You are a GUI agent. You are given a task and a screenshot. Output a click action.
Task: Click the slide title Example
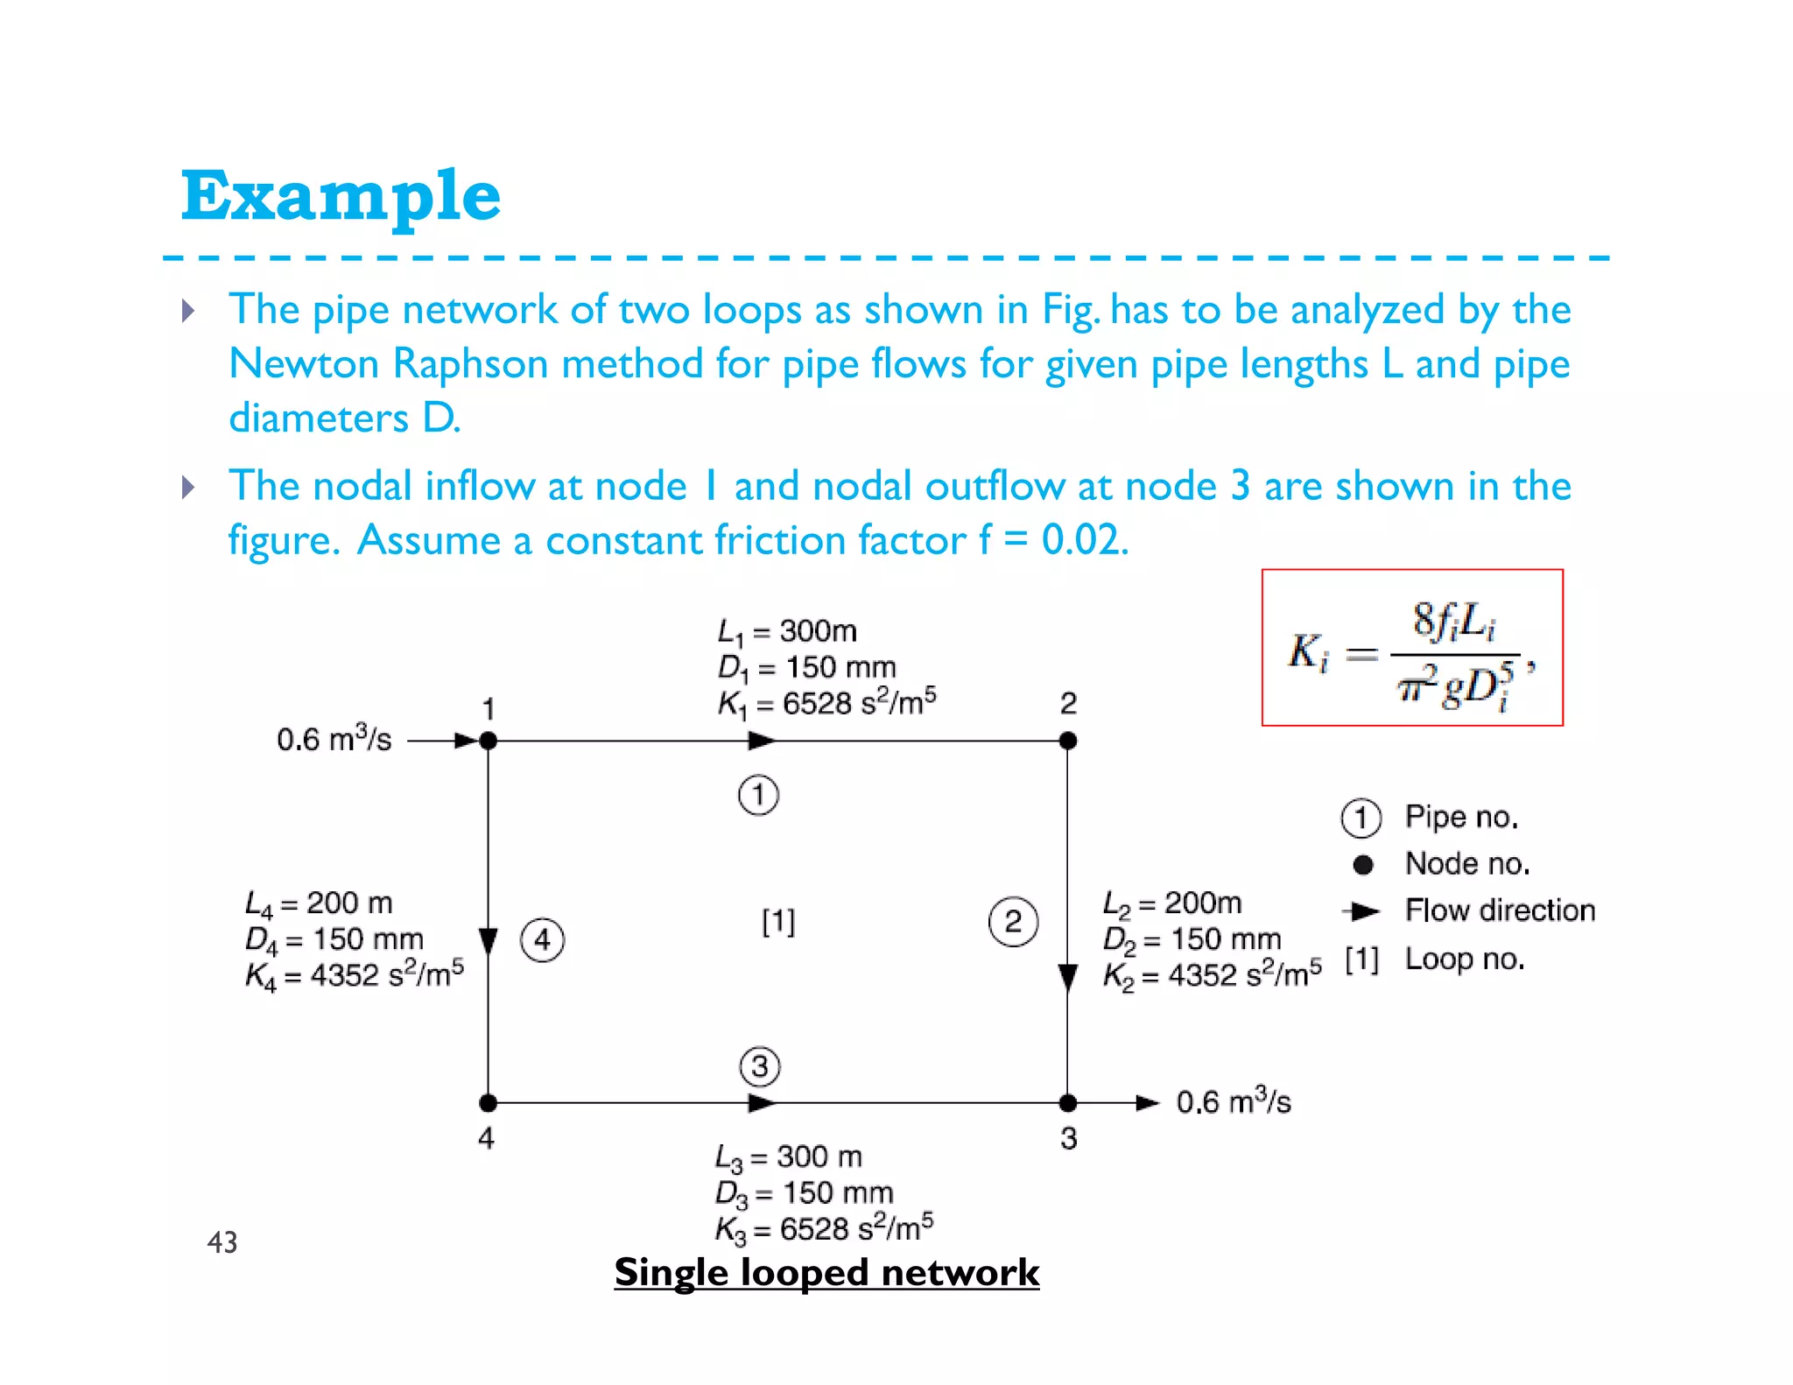pyautogui.click(x=341, y=196)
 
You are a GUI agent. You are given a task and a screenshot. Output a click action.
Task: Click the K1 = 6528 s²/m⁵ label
pyautogui.click(x=826, y=702)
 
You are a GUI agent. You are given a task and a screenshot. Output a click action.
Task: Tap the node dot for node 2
pyautogui.click(x=1067, y=741)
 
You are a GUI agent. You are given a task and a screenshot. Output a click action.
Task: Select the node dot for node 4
pyautogui.click(x=489, y=1102)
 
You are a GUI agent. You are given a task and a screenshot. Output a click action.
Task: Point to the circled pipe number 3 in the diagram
pyautogui.click(x=759, y=1066)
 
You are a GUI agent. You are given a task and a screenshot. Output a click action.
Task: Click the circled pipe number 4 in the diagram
pyautogui.click(x=542, y=940)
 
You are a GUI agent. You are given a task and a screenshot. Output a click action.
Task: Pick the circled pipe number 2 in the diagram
pyautogui.click(x=1013, y=921)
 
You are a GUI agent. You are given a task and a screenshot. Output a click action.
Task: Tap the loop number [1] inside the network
pyautogui.click(x=778, y=921)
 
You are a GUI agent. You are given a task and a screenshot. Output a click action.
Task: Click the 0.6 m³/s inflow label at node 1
pyautogui.click(x=334, y=740)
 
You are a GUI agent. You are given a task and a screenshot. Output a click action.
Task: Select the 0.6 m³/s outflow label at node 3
pyautogui.click(x=1233, y=1101)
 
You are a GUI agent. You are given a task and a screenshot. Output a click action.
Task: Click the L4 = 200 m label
pyautogui.click(x=319, y=903)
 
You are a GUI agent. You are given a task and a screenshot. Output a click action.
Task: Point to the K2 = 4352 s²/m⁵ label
pyautogui.click(x=1212, y=974)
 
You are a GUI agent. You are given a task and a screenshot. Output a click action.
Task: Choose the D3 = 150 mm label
pyautogui.click(x=804, y=1192)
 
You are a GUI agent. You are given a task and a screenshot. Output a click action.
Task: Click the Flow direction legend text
pyautogui.click(x=1500, y=910)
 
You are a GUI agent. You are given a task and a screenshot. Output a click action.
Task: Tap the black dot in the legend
pyautogui.click(x=1362, y=865)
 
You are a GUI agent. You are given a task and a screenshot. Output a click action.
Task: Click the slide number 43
pyautogui.click(x=222, y=1241)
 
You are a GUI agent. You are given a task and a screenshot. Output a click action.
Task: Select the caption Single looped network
pyautogui.click(x=826, y=1272)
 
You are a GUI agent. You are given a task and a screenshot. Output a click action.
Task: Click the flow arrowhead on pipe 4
pyautogui.click(x=489, y=942)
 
